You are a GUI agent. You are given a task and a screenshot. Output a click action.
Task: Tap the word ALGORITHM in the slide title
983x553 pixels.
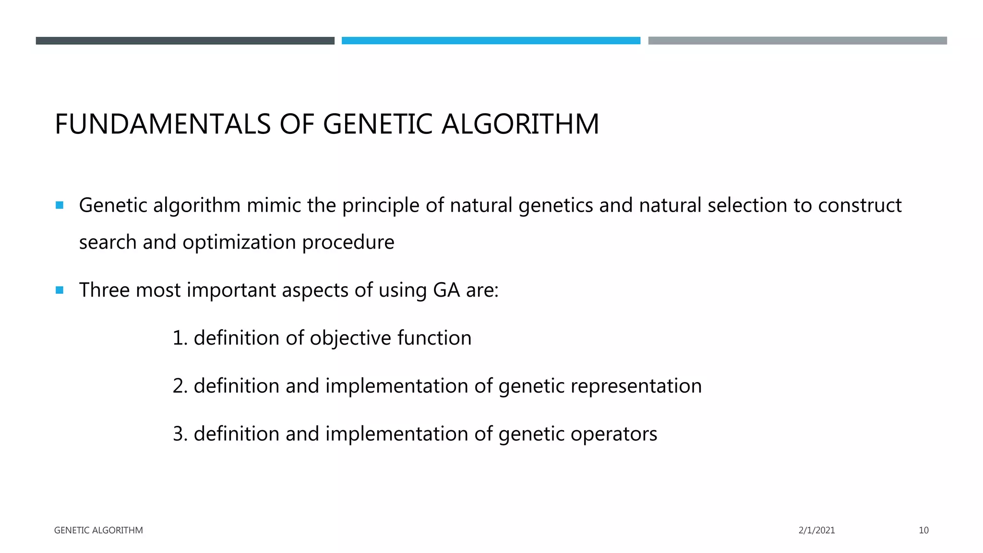point(520,124)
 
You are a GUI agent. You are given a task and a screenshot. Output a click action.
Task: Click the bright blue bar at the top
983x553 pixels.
point(491,41)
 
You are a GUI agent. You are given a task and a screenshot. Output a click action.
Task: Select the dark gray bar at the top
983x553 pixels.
point(185,41)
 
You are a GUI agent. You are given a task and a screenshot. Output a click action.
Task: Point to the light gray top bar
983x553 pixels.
point(797,41)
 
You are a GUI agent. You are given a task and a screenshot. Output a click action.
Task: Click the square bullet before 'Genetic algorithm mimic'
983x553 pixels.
point(60,205)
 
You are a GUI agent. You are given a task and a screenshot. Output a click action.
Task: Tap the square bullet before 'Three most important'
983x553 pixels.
point(60,290)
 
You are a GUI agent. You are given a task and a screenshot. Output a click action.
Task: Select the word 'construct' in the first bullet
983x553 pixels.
point(860,205)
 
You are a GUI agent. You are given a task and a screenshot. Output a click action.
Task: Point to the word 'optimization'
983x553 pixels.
point(239,242)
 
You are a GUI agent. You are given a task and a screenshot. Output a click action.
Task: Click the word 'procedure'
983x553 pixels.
point(348,242)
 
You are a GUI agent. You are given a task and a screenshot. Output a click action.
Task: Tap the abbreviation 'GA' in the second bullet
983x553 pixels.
point(446,290)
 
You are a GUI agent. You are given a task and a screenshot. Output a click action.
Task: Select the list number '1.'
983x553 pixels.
point(180,338)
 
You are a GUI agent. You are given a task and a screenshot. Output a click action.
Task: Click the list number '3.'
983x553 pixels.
point(180,434)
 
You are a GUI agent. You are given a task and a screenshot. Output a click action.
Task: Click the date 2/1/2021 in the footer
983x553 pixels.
point(816,530)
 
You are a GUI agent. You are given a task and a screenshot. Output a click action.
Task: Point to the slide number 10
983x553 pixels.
point(923,530)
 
